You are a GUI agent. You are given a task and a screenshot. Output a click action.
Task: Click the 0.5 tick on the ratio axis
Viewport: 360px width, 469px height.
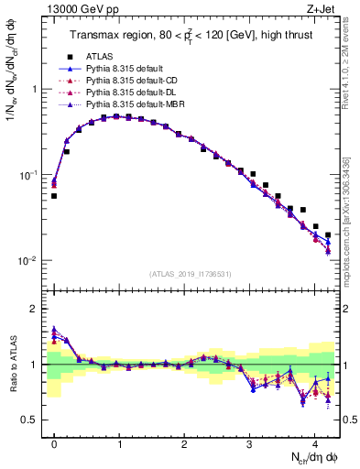[x=30, y=420]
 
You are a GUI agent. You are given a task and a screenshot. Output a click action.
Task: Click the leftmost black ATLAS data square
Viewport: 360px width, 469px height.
[x=54, y=196]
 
